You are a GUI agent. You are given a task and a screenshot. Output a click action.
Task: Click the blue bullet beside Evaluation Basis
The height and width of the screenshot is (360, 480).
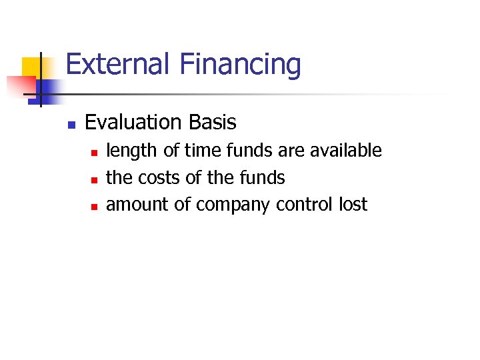click(71, 124)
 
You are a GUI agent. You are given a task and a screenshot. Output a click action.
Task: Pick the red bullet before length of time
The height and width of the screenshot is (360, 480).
click(93, 153)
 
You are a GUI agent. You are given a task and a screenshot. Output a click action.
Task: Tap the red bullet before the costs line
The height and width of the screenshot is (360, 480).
click(93, 179)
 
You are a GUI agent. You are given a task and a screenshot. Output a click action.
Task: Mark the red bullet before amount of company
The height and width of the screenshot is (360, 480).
click(93, 206)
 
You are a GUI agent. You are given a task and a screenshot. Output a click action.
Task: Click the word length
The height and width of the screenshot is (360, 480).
click(132, 151)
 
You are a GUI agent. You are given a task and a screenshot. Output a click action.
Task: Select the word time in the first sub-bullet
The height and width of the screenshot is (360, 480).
click(200, 151)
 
